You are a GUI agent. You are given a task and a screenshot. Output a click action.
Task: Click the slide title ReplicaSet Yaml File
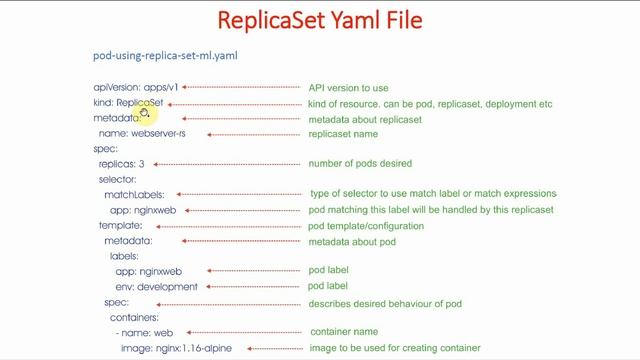pyautogui.click(x=320, y=19)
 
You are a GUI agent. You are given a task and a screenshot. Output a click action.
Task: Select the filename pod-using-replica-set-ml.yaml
pyautogui.click(x=165, y=56)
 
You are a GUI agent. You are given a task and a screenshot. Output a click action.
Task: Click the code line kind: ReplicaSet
pyautogui.click(x=127, y=103)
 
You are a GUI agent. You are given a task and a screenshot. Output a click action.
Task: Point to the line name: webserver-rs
pyautogui.click(x=142, y=133)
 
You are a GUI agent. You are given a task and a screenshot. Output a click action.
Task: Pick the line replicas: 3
pyautogui.click(x=121, y=163)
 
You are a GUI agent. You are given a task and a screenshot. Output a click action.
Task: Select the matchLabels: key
pyautogui.click(x=134, y=194)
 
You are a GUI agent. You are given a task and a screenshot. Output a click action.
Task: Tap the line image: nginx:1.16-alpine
pyautogui.click(x=175, y=348)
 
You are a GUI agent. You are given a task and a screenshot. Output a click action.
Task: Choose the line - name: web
pyautogui.click(x=144, y=332)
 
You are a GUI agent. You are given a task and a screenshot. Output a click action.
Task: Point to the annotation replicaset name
pyautogui.click(x=343, y=133)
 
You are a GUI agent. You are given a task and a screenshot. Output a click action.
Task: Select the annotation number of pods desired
pyautogui.click(x=360, y=163)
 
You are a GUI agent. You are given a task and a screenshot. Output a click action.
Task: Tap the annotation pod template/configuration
pyautogui.click(x=366, y=226)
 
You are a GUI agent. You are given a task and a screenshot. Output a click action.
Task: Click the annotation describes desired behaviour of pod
pyautogui.click(x=385, y=303)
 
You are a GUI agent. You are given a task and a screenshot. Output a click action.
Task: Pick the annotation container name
pyautogui.click(x=345, y=332)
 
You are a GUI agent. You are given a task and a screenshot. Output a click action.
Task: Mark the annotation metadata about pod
pyautogui.click(x=351, y=241)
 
